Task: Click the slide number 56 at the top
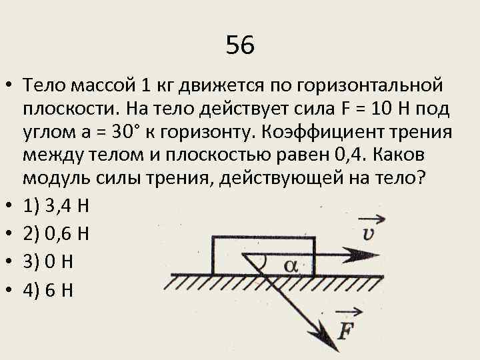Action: click(240, 45)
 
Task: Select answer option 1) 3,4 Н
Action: click(56, 207)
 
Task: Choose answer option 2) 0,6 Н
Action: click(56, 235)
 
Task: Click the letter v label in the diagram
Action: click(368, 233)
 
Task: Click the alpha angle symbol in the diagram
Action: click(291, 265)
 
